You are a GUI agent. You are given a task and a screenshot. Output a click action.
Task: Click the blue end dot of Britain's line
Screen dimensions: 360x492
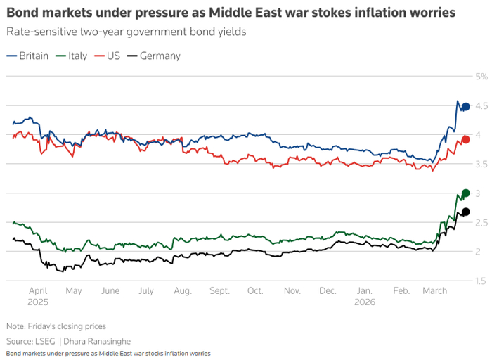pos(465,107)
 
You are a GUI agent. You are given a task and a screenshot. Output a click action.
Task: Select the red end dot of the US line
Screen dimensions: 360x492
pos(465,140)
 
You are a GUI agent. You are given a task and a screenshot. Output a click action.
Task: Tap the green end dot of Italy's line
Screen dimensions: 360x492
pos(465,193)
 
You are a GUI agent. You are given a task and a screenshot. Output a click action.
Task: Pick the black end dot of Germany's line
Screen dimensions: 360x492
pos(465,212)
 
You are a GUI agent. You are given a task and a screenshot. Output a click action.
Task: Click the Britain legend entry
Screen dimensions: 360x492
pos(28,56)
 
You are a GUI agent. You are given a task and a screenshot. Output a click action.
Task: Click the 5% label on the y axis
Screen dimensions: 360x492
pos(481,77)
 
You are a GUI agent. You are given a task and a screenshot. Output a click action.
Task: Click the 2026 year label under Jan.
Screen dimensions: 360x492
pos(365,302)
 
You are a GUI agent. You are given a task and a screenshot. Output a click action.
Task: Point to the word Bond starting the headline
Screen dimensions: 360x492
pos(21,13)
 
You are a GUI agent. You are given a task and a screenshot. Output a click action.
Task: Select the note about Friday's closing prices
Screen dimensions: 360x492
pos(56,326)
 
